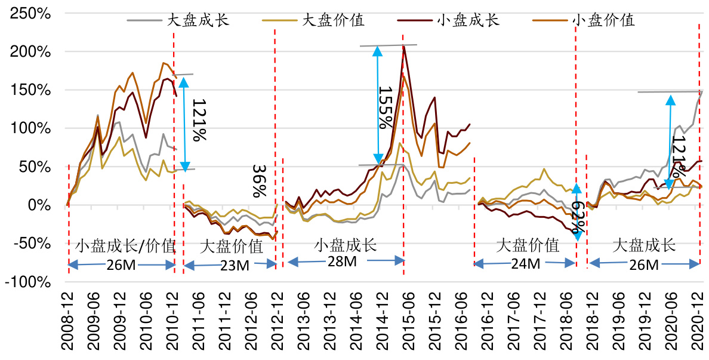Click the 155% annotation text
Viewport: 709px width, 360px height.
[386, 107]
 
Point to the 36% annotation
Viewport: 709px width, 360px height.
[258, 181]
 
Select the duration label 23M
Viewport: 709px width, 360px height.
[235, 266]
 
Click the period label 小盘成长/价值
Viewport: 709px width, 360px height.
[125, 245]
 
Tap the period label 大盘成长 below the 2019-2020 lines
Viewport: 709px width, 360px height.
[644, 245]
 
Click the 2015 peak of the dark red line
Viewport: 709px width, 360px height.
[404, 46]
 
